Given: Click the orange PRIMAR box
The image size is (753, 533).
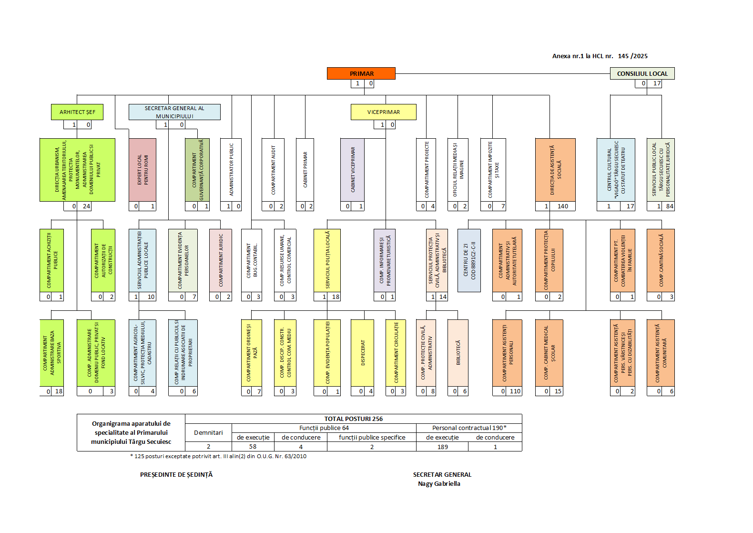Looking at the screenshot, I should point(361,73).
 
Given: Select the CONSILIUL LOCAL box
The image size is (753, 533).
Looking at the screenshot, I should point(642,73).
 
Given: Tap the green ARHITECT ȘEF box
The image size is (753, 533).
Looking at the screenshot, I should point(77,112).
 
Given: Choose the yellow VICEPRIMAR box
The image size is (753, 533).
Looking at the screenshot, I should point(384,112).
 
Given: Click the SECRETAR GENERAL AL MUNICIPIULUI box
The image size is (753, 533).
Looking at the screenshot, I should point(174,112).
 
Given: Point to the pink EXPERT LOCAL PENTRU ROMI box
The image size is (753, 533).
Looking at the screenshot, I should point(142,170).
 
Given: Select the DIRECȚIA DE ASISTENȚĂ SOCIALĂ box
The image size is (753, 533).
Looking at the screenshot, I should point(555,170).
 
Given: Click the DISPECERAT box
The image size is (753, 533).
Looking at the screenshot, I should point(362,353).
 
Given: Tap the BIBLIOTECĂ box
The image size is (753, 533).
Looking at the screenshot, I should point(458,353).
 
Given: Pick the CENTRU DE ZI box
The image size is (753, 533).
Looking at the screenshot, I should point(469,260).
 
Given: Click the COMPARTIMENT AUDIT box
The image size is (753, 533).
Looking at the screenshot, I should point(273,170).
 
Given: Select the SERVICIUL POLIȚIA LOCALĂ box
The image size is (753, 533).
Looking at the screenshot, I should point(327,260).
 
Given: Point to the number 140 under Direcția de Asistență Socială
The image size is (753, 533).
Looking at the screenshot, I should point(563,206).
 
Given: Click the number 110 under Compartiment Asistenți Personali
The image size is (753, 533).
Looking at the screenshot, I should point(515,391).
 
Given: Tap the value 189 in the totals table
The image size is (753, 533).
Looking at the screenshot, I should point(442,447).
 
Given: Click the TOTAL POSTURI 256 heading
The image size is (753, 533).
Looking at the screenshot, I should point(353,419).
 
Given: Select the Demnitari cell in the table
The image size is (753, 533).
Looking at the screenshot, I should point(208,432).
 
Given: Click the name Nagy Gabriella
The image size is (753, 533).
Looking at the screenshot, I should point(439,483).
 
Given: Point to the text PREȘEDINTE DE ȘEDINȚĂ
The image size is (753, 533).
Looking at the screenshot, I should point(176,474).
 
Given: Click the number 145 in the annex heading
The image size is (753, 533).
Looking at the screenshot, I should point(623,56).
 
